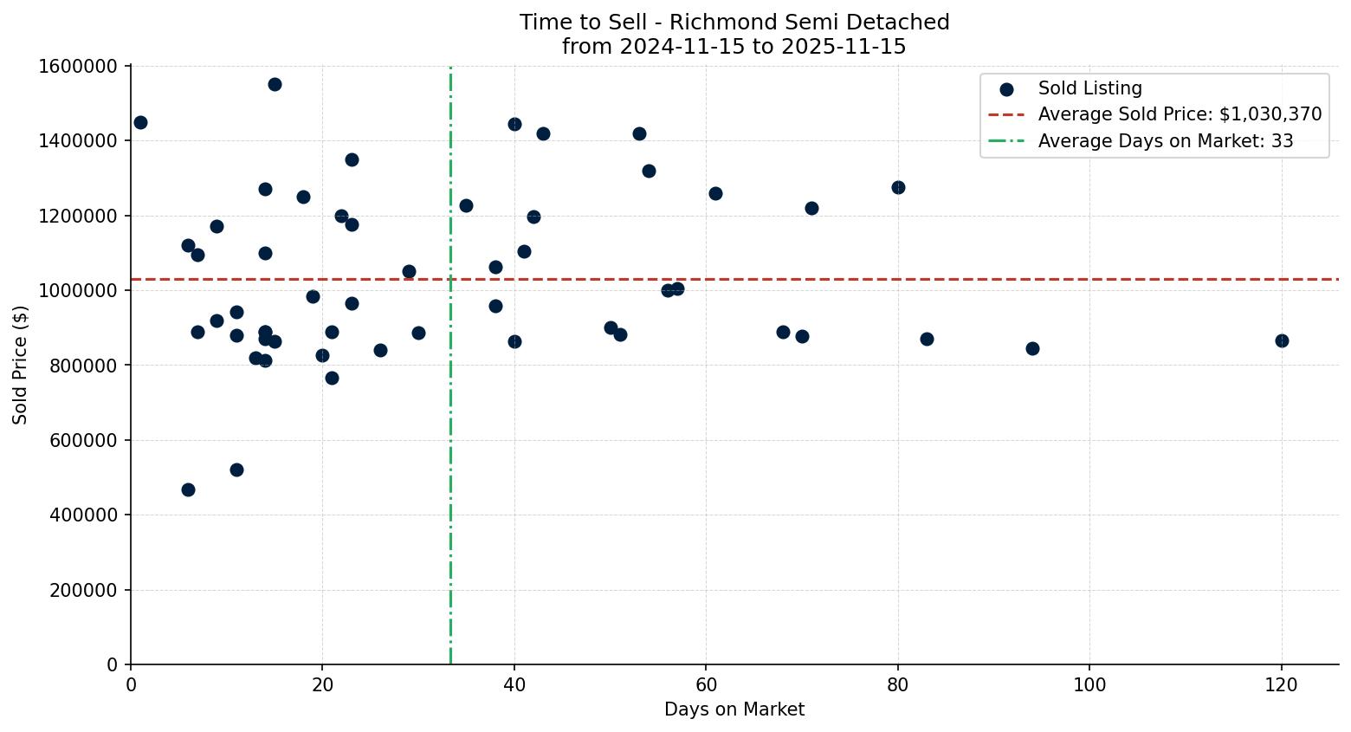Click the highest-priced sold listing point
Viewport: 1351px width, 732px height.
point(275,84)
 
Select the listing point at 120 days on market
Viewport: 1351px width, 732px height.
point(1282,340)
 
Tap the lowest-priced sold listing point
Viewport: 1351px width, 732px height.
point(188,489)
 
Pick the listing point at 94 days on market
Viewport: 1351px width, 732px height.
point(1032,348)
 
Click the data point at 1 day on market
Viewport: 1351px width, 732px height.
point(140,122)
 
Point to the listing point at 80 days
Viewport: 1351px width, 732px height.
point(898,187)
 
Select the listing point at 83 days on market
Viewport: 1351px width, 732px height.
point(927,339)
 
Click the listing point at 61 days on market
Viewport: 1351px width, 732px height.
point(715,193)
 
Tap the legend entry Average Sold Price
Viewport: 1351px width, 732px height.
point(1180,114)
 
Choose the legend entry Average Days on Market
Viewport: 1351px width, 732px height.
point(1165,140)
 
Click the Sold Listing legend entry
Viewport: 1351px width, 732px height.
point(1089,88)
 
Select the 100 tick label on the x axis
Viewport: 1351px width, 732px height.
point(1089,685)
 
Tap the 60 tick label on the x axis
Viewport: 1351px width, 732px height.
point(706,685)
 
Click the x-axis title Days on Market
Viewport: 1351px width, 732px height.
point(734,709)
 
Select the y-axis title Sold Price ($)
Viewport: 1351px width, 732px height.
point(21,365)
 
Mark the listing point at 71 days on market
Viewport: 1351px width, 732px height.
point(811,208)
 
